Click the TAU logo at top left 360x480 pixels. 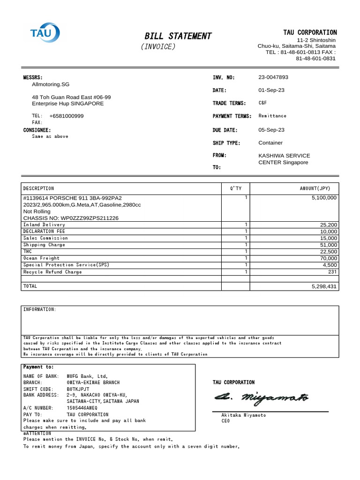click(45, 32)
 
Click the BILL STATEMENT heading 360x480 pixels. click(178, 36)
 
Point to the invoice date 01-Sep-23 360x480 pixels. click(271, 90)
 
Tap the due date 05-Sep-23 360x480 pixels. click(271, 130)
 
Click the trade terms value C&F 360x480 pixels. click(262, 103)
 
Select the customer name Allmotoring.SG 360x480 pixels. click(51, 84)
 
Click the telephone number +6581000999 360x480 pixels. click(67, 116)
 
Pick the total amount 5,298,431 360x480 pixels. click(324, 286)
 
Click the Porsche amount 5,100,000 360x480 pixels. click(324, 198)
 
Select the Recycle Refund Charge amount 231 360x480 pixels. click(332, 272)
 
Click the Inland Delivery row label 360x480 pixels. click(44, 225)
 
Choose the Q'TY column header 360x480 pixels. click(235, 188)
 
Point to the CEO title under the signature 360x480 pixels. click(225, 421)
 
